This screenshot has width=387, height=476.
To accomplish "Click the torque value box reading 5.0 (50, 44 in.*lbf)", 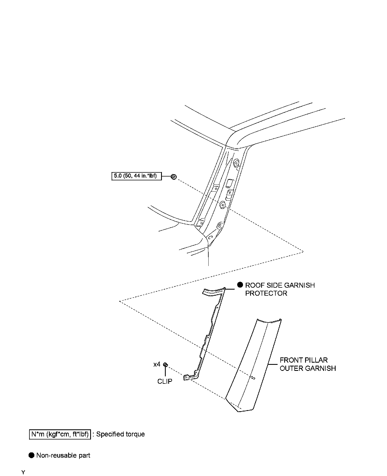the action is (136, 176).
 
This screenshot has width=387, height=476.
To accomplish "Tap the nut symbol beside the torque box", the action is (173, 177).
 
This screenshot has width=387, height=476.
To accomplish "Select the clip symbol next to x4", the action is (165, 364).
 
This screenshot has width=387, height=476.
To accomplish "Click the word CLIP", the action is (165, 381).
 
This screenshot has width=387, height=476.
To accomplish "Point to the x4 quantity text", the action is (157, 364).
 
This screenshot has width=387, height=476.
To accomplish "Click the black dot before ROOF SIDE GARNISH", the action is (240, 285).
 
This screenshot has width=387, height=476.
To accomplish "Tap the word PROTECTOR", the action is (266, 293).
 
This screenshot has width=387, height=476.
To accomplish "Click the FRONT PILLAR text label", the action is (304, 360).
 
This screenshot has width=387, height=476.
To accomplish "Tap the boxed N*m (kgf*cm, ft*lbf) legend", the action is (60, 434).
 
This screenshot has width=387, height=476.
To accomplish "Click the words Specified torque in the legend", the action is (120, 434).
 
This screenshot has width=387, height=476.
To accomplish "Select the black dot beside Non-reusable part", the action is (32, 455).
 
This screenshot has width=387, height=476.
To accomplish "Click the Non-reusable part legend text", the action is (63, 456).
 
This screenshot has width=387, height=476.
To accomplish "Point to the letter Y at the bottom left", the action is (23, 472).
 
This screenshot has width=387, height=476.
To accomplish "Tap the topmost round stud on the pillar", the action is (236, 164).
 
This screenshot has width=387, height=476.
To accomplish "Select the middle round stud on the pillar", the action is (223, 205).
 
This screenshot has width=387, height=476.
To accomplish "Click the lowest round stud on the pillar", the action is (219, 226).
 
